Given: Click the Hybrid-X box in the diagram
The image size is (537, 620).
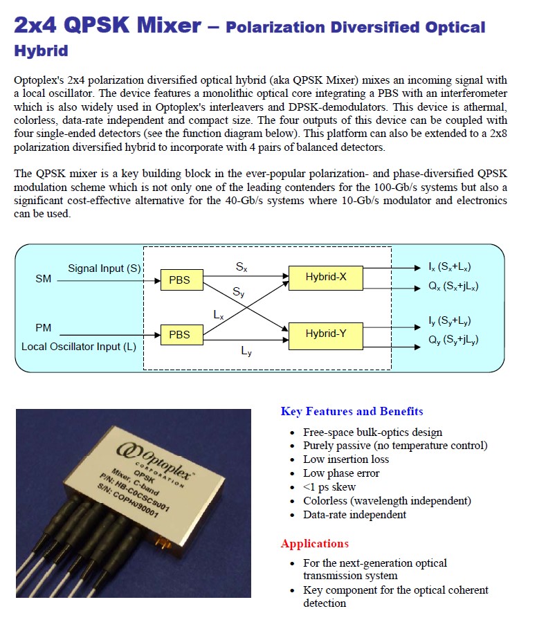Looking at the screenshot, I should point(326,277).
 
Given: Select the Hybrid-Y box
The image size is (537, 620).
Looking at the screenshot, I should point(326,334).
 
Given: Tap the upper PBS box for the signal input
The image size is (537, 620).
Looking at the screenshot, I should point(179,280).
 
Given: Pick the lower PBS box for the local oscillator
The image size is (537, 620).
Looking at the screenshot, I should point(179,334).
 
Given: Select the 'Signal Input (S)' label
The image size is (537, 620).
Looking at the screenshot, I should point(104,268).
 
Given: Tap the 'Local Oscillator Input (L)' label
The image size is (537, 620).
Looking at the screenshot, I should point(78,347).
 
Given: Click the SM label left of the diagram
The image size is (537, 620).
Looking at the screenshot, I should point(43,279).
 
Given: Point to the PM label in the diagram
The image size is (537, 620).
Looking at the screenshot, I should point(43,328).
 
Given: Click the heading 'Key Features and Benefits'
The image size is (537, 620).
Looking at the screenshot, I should point(352,412).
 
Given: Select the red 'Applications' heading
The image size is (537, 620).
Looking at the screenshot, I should point(314,543).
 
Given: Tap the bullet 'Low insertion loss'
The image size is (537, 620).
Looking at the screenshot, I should point(346,459).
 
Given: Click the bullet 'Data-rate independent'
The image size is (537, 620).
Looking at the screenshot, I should point(354,514).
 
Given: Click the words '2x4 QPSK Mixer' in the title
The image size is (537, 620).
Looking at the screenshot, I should point(108,26).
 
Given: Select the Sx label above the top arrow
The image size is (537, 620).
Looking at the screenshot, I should point(241,265).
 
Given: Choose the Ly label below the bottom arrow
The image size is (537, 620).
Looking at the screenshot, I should point(246,351).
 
